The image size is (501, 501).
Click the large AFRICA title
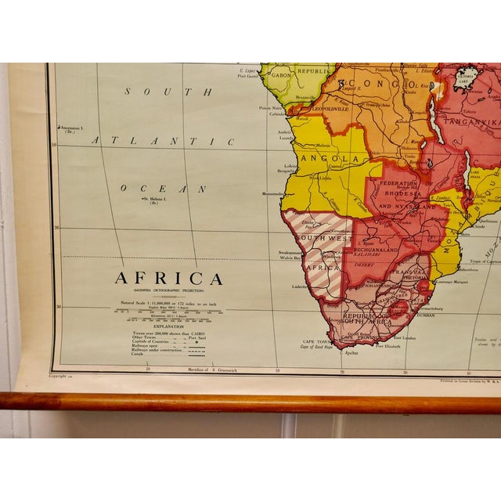pos(169,279)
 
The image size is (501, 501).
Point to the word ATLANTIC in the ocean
pos(163,141)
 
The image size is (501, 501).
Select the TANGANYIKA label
pos(470,123)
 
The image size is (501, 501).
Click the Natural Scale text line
pos(169,301)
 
